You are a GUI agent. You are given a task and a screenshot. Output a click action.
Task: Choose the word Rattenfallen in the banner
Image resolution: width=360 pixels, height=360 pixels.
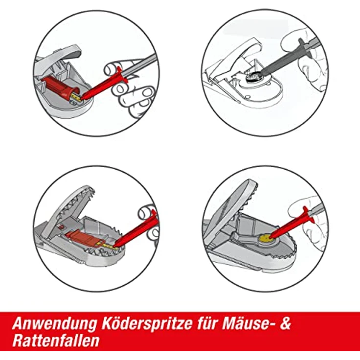click(56, 340)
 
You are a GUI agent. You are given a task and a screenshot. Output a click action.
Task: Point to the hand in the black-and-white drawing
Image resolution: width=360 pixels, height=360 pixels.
click(306, 54)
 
